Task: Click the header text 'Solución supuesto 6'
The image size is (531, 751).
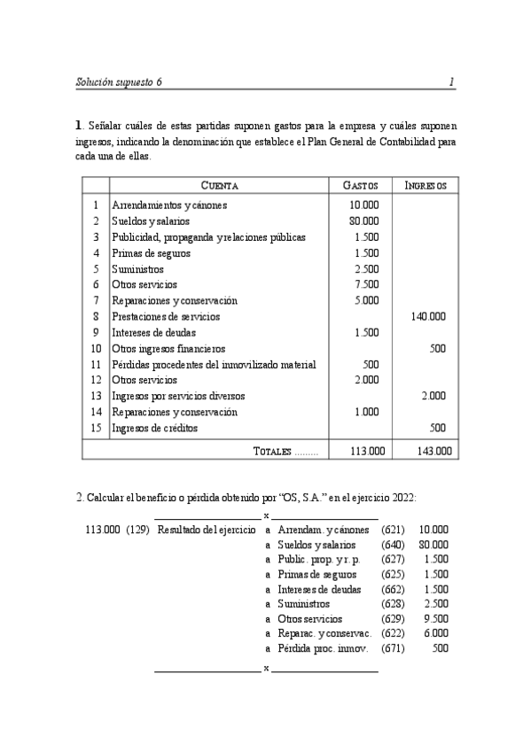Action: (119, 82)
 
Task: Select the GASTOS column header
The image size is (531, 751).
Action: (360, 186)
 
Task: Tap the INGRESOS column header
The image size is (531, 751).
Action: (426, 186)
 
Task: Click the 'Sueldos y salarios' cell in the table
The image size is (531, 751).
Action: (151, 221)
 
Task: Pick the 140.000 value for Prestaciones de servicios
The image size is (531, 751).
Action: (428, 316)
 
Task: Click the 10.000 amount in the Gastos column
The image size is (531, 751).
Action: (364, 205)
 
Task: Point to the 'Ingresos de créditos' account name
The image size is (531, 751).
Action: (154, 428)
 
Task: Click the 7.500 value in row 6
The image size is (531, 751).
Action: (366, 284)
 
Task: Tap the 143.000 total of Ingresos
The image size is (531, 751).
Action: (433, 451)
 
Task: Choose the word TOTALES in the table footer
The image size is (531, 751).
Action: (272, 452)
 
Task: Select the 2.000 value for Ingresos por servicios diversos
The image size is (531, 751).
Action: (433, 396)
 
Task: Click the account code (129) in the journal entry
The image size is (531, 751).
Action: (137, 530)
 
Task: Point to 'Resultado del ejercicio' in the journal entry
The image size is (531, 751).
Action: (207, 530)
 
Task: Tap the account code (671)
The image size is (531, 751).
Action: (392, 648)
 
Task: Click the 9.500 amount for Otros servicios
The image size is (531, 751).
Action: (435, 619)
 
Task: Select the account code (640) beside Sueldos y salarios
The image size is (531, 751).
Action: (392, 545)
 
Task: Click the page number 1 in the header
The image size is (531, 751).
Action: (451, 82)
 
